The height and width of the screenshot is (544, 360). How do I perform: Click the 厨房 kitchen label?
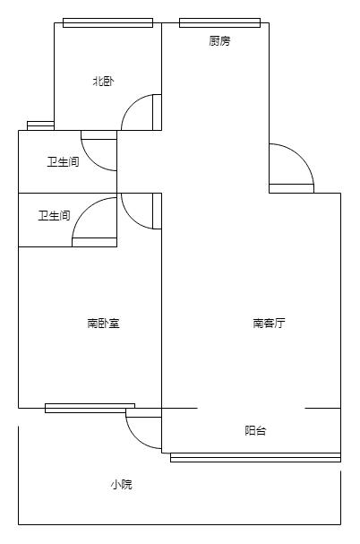[x=219, y=41]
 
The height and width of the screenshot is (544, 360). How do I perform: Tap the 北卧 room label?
[x=103, y=82]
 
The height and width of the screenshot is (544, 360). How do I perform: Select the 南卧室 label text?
[x=103, y=324]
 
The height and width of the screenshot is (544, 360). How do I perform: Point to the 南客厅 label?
[x=270, y=323]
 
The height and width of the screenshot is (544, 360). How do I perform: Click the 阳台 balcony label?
[x=255, y=430]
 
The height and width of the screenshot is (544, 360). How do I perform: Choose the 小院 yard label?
[x=122, y=484]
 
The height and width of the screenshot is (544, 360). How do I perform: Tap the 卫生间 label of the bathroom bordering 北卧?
[x=63, y=161]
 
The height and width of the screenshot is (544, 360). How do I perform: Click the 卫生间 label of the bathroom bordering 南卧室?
[x=54, y=215]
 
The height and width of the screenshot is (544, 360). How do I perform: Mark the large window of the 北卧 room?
[x=107, y=22]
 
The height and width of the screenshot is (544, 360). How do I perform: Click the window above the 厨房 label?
[x=220, y=22]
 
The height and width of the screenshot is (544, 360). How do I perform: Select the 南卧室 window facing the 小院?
[x=90, y=408]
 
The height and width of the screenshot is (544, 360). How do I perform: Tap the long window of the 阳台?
[x=255, y=457]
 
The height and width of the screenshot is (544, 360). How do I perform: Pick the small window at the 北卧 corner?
[x=40, y=125]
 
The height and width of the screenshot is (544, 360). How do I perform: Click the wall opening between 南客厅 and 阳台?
[x=252, y=408]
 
